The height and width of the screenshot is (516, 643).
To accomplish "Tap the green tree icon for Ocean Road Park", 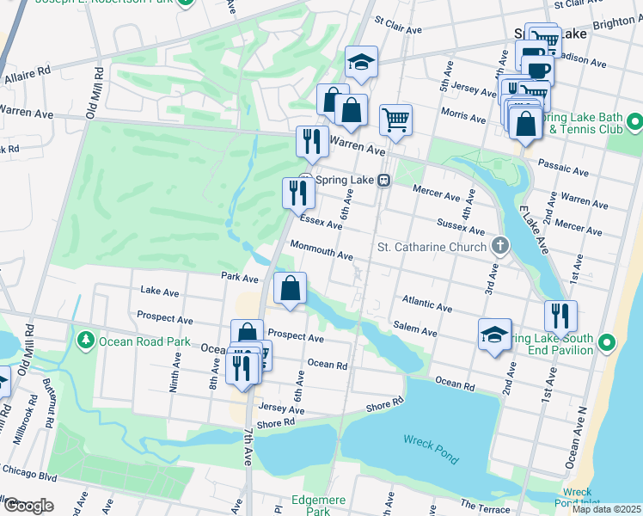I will point(86,341).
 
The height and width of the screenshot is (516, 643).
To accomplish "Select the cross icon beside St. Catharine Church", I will point(500,248).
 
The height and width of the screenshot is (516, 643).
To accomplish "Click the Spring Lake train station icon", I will point(386,181).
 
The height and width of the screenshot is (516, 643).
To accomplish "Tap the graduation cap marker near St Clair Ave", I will point(361,62).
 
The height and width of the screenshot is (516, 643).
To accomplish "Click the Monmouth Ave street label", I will point(321,250).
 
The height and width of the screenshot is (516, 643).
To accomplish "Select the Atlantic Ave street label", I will point(426,303).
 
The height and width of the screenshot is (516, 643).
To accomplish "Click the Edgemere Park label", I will point(311,504).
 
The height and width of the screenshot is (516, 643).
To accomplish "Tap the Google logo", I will point(28,506).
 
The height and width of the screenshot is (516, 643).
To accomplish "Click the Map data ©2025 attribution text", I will point(605,509).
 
